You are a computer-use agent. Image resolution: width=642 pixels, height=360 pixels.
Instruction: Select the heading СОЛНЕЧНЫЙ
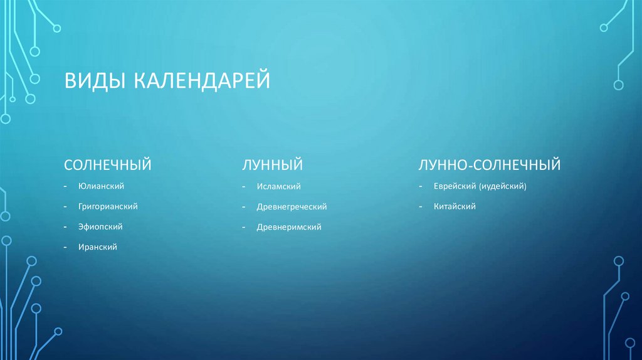[x=108, y=165]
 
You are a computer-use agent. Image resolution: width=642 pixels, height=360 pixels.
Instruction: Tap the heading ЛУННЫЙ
[x=273, y=165]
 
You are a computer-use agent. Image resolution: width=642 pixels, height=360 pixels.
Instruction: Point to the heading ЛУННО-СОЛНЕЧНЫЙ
[x=490, y=165]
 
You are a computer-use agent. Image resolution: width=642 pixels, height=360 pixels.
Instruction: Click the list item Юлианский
[x=102, y=186]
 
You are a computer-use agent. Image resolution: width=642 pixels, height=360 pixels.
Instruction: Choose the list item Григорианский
[x=108, y=206]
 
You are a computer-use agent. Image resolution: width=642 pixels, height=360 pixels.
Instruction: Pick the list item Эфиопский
[x=100, y=226]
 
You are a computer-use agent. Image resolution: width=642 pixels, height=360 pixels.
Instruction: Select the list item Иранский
[x=98, y=247]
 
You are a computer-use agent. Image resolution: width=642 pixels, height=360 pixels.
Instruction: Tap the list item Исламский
[x=279, y=186]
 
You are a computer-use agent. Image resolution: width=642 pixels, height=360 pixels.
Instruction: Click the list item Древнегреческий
[x=292, y=206]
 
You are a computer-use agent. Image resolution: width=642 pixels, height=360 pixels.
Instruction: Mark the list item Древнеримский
[x=289, y=227]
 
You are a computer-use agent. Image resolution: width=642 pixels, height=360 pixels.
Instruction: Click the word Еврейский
[x=455, y=186]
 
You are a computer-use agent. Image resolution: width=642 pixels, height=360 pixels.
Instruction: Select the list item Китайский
[x=455, y=206]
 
